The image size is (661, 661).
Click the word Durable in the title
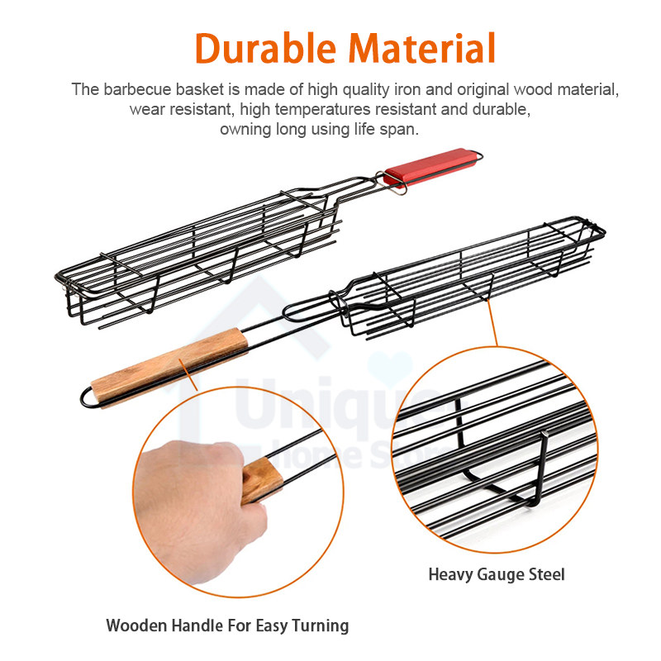coord(265,48)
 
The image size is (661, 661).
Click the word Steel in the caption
coord(547,574)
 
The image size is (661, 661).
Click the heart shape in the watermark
coord(390,367)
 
